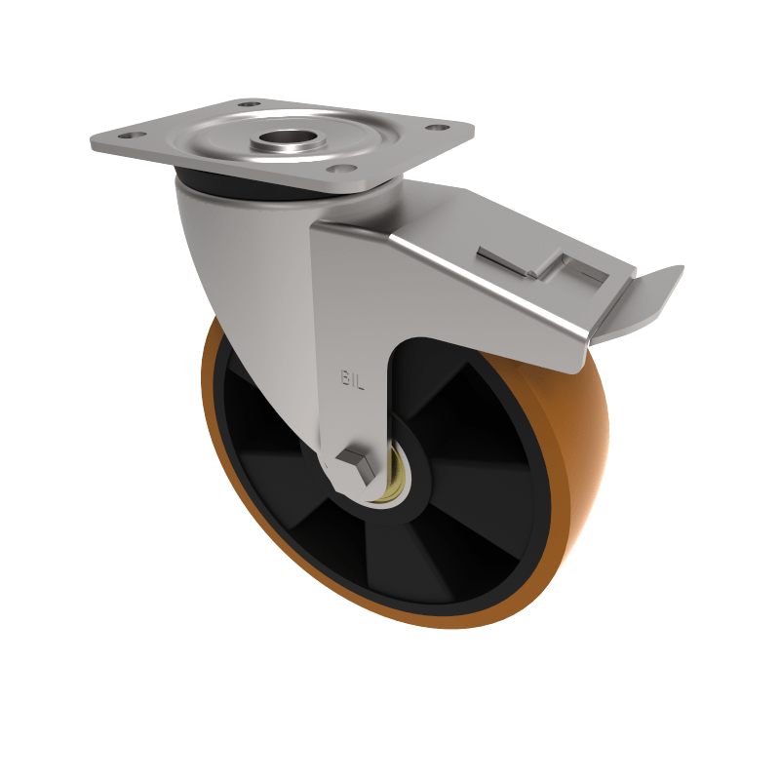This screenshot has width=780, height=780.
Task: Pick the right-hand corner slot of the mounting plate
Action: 438,127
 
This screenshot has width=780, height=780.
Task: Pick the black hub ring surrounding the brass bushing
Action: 414,507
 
